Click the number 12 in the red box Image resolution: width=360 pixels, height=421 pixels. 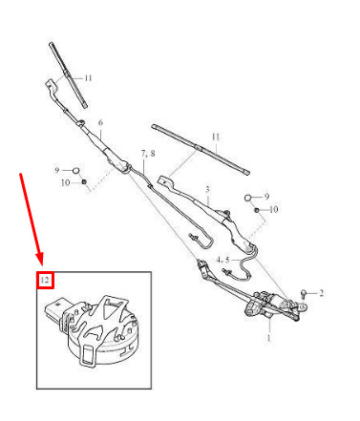(x=45, y=281)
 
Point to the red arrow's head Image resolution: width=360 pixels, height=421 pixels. (x=40, y=259)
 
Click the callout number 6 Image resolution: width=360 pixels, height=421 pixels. (x=100, y=123)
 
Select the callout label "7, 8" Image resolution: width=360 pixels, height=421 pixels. (x=148, y=154)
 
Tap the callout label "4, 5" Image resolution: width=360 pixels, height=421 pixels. (x=222, y=260)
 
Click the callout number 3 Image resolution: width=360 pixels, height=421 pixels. (x=207, y=190)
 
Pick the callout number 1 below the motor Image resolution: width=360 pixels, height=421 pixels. (x=269, y=338)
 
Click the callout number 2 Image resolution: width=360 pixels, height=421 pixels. (x=321, y=293)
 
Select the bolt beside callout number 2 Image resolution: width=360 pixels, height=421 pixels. (x=304, y=293)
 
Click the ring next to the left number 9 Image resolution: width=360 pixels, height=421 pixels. (x=76, y=171)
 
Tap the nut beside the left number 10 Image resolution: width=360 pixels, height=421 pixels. (x=84, y=182)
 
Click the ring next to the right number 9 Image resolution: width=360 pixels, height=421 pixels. (x=248, y=199)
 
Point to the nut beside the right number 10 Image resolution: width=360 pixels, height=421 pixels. (x=257, y=210)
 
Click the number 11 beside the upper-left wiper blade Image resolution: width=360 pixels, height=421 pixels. (x=88, y=78)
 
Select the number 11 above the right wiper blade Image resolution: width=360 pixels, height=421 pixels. (x=216, y=137)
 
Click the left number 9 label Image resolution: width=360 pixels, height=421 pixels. (x=57, y=171)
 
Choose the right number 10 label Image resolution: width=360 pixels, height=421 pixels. (x=273, y=209)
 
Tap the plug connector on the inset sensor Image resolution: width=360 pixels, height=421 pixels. (x=56, y=310)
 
